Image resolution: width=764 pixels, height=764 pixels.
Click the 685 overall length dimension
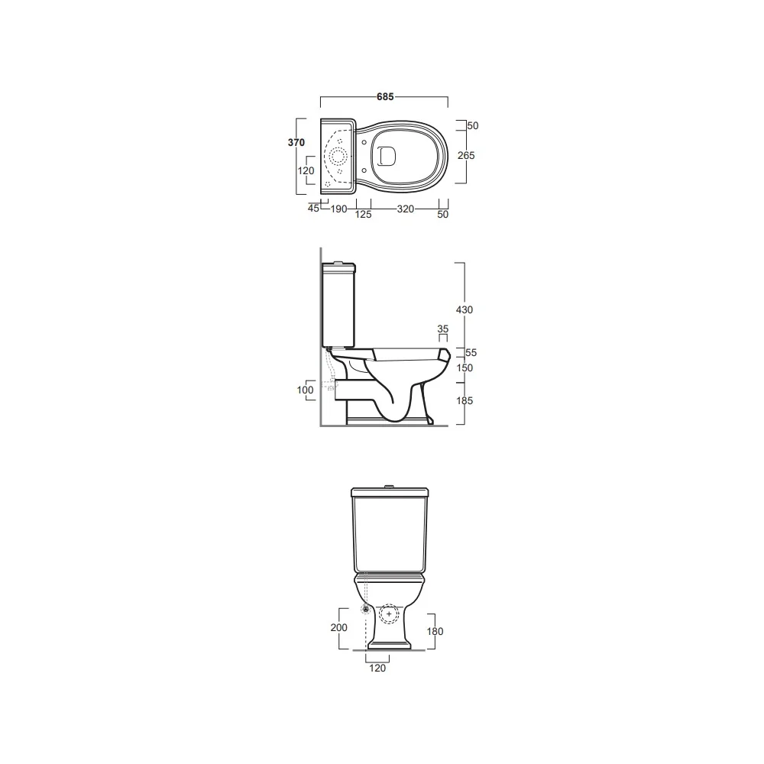tap(385, 97)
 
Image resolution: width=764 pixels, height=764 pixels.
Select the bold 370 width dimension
tap(296, 142)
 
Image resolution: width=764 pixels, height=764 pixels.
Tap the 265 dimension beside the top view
tap(466, 155)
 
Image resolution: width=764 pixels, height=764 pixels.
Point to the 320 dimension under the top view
tap(406, 209)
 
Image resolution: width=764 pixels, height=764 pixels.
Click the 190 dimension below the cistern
tap(338, 209)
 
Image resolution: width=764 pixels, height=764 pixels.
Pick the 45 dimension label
tap(313, 208)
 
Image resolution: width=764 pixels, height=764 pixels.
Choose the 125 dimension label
tap(363, 215)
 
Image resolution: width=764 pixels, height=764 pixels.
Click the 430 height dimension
tap(465, 310)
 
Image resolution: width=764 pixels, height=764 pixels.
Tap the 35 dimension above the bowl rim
tap(442, 329)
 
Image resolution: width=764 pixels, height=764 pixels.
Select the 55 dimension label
tap(471, 353)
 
